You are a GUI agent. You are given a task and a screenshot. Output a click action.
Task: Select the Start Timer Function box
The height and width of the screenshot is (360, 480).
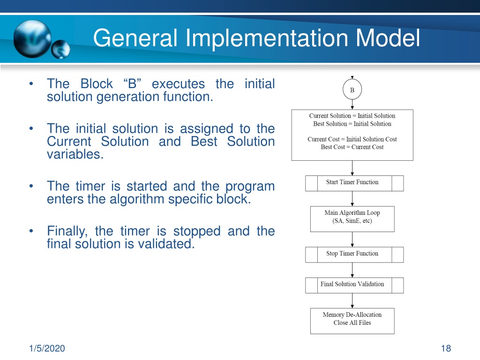(x=354, y=183)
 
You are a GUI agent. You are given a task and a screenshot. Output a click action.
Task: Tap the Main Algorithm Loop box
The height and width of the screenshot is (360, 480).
(x=352, y=219)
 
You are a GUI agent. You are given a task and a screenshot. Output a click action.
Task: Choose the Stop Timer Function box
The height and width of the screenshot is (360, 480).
(x=354, y=255)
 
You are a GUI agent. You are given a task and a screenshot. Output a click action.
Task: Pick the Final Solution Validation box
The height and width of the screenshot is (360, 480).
(x=354, y=285)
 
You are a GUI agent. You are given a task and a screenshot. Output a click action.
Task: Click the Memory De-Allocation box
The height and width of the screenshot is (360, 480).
(x=352, y=321)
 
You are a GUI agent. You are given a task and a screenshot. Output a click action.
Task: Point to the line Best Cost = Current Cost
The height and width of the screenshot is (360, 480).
(x=352, y=147)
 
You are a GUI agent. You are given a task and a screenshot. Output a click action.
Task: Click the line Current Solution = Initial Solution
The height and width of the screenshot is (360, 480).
(x=352, y=116)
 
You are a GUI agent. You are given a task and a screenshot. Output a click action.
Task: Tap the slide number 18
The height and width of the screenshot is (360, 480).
(x=446, y=348)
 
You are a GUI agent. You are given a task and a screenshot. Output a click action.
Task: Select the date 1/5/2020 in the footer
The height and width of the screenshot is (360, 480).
(x=47, y=348)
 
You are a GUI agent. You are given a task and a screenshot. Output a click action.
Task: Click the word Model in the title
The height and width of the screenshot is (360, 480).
(x=388, y=37)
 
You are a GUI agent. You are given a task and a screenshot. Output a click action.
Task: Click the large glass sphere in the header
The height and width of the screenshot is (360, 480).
(x=32, y=39)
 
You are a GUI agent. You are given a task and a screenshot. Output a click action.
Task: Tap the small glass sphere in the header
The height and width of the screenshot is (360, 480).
(x=60, y=49)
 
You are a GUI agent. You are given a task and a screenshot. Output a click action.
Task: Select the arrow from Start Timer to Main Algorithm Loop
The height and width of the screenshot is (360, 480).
(x=352, y=199)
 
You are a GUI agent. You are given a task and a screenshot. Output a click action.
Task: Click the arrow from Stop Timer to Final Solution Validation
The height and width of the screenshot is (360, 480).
(x=352, y=270)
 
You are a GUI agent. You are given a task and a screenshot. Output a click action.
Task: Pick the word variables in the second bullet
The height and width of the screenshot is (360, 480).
(x=75, y=154)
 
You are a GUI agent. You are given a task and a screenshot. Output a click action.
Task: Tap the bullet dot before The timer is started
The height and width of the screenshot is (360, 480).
(x=31, y=186)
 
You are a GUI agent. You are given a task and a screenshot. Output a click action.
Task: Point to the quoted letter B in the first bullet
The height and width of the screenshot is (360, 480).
(x=132, y=83)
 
